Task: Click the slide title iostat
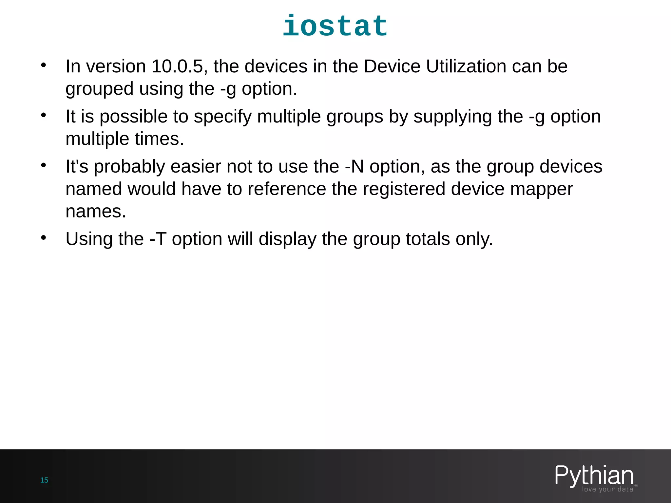[x=335, y=26]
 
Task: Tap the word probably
[x=129, y=167]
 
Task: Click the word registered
[x=404, y=189]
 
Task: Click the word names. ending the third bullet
[x=96, y=211]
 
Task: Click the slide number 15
[x=44, y=480]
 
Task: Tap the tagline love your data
[x=607, y=489]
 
